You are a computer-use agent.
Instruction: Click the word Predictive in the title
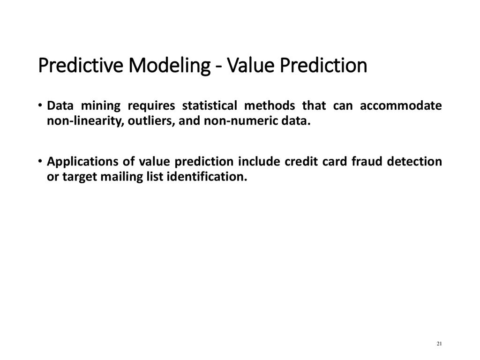point(81,65)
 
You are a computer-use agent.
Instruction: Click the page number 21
point(439,344)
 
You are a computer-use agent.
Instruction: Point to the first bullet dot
point(40,105)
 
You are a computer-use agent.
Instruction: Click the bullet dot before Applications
point(40,161)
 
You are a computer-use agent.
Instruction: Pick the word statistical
point(210,105)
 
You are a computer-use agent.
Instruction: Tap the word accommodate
point(401,105)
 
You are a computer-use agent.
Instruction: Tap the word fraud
point(367,161)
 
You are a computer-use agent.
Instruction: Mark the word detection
point(414,161)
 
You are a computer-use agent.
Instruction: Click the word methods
point(270,105)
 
